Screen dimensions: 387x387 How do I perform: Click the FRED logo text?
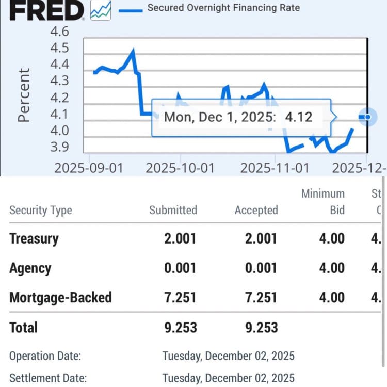tap(47, 10)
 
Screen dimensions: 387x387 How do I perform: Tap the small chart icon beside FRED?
tap(101, 10)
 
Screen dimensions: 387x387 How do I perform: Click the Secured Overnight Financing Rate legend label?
tap(223, 8)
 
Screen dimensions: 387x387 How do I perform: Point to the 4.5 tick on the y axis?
tap(59, 49)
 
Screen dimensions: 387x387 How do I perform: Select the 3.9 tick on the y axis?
tap(59, 148)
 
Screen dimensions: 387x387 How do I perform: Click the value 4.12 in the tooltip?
tap(299, 117)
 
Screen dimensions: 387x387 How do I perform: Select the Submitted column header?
tap(173, 210)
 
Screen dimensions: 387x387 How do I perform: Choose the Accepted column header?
tap(256, 210)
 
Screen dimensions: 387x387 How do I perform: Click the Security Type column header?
tap(41, 210)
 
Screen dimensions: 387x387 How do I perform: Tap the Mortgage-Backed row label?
tap(60, 297)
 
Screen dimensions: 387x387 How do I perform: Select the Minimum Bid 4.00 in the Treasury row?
tap(331, 238)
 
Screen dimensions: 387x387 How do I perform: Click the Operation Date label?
tap(45, 356)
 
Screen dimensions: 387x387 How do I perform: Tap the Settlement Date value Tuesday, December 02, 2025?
tap(228, 378)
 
